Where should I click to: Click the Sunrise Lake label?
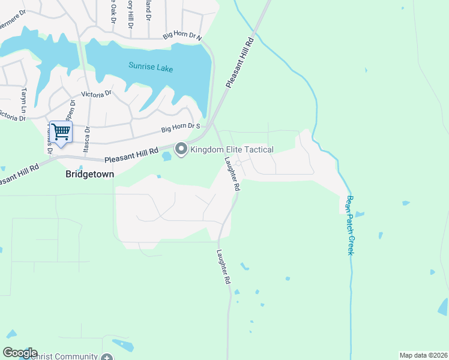click(151, 68)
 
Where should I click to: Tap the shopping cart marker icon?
click(61, 131)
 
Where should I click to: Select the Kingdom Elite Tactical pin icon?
click(181, 149)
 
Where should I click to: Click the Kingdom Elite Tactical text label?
click(232, 149)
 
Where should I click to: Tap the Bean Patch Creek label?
click(350, 225)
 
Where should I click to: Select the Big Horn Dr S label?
click(180, 127)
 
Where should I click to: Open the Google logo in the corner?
click(20, 353)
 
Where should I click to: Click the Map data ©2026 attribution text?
click(423, 355)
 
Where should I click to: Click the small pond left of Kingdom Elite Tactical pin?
click(166, 157)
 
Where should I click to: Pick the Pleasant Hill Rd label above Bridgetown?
click(131, 156)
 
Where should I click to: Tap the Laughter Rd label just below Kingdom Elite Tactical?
click(232, 173)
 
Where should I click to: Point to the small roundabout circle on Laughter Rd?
click(238, 163)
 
